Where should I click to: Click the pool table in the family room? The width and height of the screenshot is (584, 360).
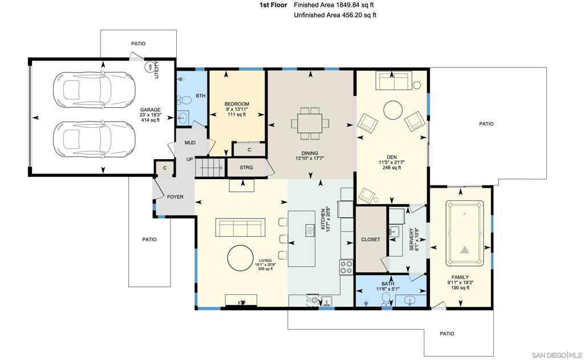(x=464, y=233)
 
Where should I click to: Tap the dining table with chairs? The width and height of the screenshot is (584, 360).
(x=310, y=123)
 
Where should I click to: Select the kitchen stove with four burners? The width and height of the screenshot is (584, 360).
(x=346, y=267)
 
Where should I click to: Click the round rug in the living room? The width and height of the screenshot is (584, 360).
(x=241, y=258)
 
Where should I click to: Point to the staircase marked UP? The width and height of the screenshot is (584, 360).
(x=210, y=168)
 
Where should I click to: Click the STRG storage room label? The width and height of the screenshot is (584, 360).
(x=246, y=168)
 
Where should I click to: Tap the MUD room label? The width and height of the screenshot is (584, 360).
(x=190, y=143)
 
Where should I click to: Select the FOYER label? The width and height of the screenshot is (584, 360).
(x=175, y=197)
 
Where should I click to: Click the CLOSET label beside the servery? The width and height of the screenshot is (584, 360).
(x=371, y=240)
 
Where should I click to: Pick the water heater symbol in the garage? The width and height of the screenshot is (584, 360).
(x=150, y=67)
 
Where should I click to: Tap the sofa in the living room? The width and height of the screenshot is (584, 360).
(x=240, y=227)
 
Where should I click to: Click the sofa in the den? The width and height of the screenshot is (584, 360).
(x=394, y=80)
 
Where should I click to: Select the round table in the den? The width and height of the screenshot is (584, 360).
(x=393, y=110)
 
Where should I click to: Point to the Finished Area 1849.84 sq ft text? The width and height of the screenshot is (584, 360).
(x=334, y=5)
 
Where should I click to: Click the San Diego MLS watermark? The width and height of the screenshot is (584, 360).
(x=557, y=355)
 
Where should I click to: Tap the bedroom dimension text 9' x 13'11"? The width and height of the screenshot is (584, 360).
(x=237, y=109)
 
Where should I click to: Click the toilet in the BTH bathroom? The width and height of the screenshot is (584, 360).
(x=184, y=100)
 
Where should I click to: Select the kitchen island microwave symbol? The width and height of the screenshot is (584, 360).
(x=310, y=230)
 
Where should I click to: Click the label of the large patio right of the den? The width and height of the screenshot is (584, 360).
(x=486, y=124)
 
